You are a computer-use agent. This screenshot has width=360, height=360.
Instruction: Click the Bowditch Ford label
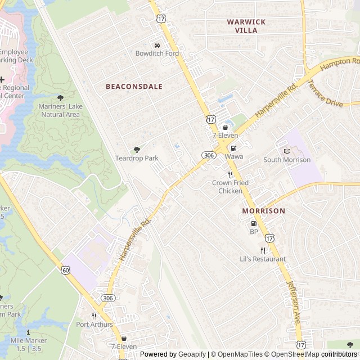(157, 53)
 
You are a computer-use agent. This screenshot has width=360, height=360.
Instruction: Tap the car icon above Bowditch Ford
(157, 44)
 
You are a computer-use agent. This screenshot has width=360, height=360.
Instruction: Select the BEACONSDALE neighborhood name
(134, 87)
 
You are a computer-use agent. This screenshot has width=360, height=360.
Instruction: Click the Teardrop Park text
(137, 158)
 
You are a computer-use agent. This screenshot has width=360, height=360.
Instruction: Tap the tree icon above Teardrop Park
(137, 150)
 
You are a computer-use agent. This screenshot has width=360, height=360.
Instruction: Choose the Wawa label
(234, 156)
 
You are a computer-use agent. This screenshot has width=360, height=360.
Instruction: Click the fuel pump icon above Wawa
(233, 148)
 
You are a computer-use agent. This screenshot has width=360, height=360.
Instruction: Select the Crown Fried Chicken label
(230, 187)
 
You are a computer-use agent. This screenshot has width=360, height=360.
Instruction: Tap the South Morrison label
(287, 160)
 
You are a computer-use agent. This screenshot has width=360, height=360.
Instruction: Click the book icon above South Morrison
(287, 151)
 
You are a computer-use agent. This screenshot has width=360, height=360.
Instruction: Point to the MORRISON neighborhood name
(263, 210)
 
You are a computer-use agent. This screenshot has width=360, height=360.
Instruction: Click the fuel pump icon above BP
(254, 223)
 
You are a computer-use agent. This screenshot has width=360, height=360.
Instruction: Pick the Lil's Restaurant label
(263, 259)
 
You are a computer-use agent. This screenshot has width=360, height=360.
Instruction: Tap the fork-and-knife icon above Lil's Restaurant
(263, 250)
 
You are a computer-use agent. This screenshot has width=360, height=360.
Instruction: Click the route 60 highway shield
(66, 271)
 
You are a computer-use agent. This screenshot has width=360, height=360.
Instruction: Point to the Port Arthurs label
(94, 325)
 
